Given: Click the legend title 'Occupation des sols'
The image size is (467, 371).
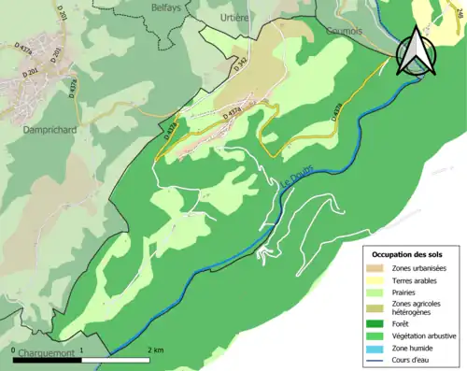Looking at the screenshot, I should pos(407,254).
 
